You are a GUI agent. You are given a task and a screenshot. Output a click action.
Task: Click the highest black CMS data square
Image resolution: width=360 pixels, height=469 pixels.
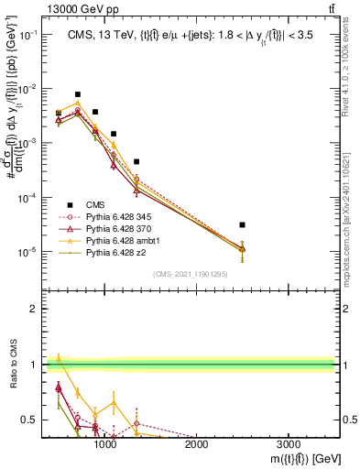point(78,94)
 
